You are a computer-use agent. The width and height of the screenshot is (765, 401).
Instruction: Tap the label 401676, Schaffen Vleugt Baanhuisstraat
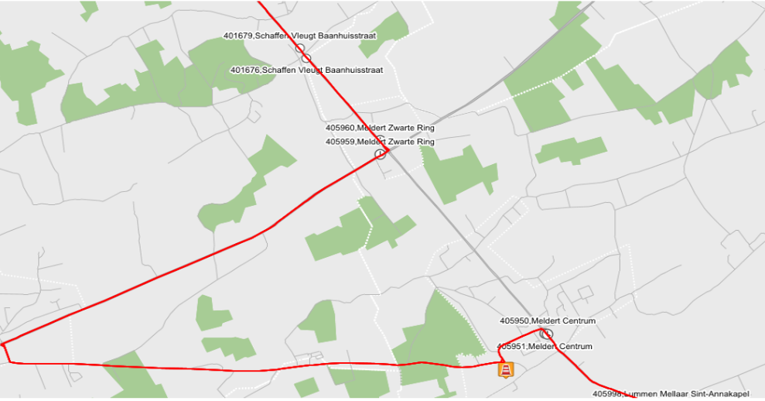pos(306,70)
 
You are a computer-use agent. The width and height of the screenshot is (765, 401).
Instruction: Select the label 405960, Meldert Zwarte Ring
pos(380,128)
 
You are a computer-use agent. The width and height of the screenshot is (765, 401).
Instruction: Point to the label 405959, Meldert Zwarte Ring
pos(380,142)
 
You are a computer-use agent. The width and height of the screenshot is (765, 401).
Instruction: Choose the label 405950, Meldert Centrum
pos(548,320)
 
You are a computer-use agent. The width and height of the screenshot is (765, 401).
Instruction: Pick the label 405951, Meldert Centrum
pos(544,346)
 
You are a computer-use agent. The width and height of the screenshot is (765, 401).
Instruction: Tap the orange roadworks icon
pos(505,371)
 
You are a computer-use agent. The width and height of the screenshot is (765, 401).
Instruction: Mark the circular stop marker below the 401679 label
pos(299,48)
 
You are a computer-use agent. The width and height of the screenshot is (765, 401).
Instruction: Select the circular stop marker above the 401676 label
pos(306,58)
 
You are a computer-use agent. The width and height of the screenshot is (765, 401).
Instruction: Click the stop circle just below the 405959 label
pos(380,154)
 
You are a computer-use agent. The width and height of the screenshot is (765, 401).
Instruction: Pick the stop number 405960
pos(340,128)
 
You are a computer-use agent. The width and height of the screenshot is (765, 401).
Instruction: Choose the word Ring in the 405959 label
pos(425,142)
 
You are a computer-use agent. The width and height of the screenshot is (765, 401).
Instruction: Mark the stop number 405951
pos(511,346)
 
